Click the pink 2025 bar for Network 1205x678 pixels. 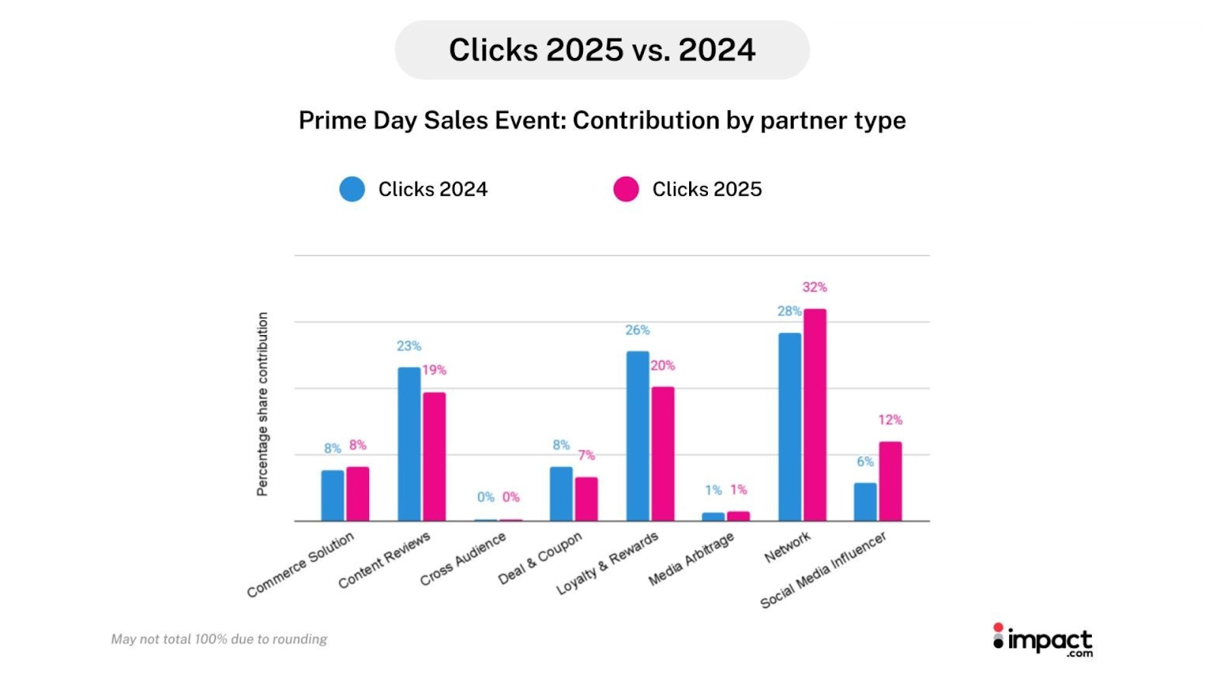pyautogui.click(x=814, y=414)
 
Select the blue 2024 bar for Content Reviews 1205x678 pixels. pyautogui.click(x=409, y=444)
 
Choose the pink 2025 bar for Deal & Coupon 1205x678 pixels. pyautogui.click(x=586, y=499)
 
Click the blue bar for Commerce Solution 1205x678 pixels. pyautogui.click(x=332, y=495)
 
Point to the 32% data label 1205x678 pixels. pyautogui.click(x=814, y=287)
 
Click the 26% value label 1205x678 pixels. pyautogui.click(x=637, y=330)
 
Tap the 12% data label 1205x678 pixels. pyautogui.click(x=889, y=420)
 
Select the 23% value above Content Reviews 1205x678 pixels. pyautogui.click(x=409, y=346)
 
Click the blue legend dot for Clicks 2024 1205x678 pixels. pyautogui.click(x=352, y=189)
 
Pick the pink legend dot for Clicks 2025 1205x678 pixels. pyautogui.click(x=626, y=189)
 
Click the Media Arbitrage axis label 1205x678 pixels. pyautogui.click(x=691, y=560)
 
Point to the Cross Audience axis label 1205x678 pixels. pyautogui.click(x=463, y=559)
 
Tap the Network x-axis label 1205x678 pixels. pyautogui.click(x=788, y=547)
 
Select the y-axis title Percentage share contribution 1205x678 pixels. pyautogui.click(x=262, y=404)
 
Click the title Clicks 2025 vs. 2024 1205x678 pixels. pyautogui.click(x=602, y=50)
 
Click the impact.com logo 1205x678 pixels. pyautogui.click(x=1042, y=640)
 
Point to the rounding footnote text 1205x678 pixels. pyautogui.click(x=219, y=639)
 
